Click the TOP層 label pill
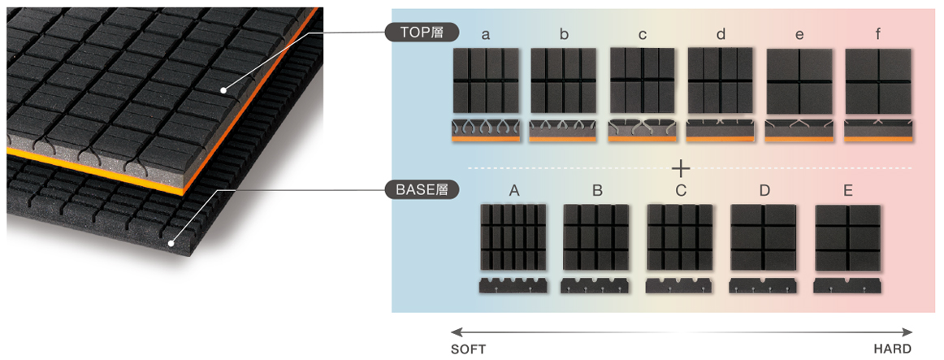[421, 33]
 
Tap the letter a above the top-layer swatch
[486, 34]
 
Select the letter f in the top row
[878, 34]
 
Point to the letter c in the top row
[642, 34]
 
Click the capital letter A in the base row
[513, 191]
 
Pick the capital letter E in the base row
[848, 191]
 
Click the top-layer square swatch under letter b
[564, 80]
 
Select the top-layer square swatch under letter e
[799, 80]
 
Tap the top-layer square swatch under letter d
[721, 80]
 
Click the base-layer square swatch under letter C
[680, 236]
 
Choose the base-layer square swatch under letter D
[764, 236]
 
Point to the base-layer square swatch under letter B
[596, 236]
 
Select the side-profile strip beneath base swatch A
[513, 286]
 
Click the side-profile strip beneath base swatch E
[848, 286]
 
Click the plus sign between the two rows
[681, 169]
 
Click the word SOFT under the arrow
[470, 349]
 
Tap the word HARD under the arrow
[892, 349]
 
